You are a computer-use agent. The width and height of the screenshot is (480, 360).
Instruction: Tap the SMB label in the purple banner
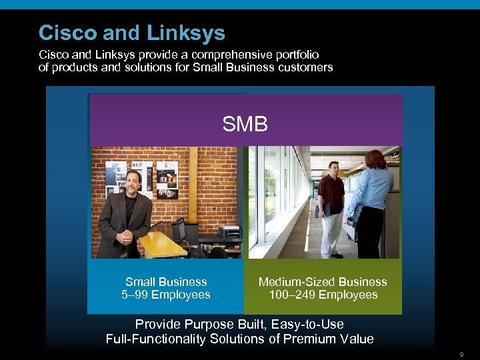coord(245,124)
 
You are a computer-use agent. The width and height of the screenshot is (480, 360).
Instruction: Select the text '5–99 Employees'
coord(166,295)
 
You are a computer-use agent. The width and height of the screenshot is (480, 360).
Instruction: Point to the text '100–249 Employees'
coord(323,295)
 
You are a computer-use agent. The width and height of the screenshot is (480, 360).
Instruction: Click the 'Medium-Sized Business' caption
coord(323,282)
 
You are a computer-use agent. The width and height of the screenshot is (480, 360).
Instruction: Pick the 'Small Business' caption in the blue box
coord(166,282)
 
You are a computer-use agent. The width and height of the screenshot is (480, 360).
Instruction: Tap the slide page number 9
coord(461,353)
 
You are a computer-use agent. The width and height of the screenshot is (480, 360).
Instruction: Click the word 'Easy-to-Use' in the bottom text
coord(310,325)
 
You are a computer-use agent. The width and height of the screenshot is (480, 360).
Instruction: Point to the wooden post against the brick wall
coord(193,180)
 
